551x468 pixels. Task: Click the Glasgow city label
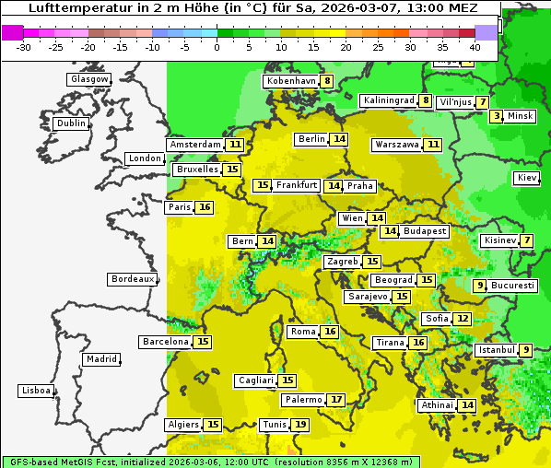(89, 79)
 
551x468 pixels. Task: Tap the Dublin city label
(71, 123)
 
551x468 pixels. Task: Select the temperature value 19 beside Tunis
(301, 425)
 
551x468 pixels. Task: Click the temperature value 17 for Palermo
(337, 400)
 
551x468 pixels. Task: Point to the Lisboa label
(36, 391)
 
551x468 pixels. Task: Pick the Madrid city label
(101, 359)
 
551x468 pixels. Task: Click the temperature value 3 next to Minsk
(497, 116)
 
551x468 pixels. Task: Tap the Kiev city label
(527, 178)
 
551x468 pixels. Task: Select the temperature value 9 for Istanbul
(525, 350)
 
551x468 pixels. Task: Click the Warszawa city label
(397, 145)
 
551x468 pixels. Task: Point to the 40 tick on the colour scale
(475, 47)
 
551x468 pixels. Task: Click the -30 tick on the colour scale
(24, 47)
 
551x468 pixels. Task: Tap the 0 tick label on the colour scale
(217, 47)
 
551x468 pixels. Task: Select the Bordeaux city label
(132, 279)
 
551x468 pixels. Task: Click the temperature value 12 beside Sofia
(463, 319)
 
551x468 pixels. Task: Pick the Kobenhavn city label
(290, 81)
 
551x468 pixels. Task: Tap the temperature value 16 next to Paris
(205, 207)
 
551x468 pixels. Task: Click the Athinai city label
(437, 405)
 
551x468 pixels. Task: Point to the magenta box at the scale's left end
(13, 32)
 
